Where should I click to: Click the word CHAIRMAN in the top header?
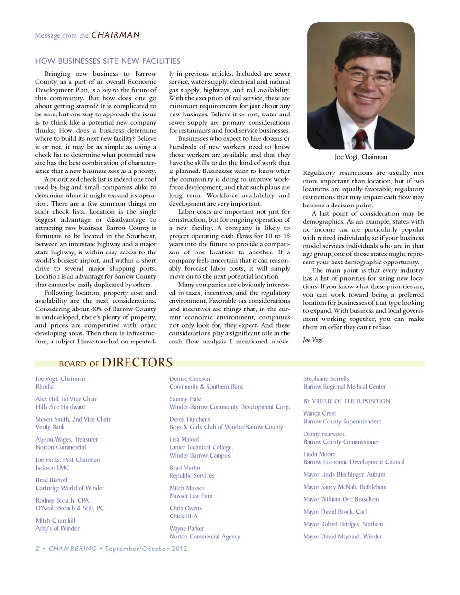(x=115, y=35)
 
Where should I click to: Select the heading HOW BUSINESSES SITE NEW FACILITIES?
(x=108, y=61)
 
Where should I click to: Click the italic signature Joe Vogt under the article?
(x=313, y=340)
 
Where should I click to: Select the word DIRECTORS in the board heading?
(x=137, y=362)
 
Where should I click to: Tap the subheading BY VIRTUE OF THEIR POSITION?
(x=346, y=401)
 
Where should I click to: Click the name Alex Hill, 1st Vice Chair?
(x=66, y=399)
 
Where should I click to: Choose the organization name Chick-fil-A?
(x=184, y=516)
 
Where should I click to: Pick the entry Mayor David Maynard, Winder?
(x=343, y=537)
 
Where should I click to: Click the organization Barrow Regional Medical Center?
(x=345, y=387)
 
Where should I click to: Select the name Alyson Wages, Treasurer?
(x=67, y=439)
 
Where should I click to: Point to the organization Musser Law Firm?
(x=191, y=496)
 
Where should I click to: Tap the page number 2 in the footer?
(x=37, y=549)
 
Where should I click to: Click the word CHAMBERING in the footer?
(x=72, y=549)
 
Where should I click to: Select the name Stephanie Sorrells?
(x=326, y=378)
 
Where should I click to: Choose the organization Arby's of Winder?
(x=57, y=528)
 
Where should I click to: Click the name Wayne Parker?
(x=187, y=528)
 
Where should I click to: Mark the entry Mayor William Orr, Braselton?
(x=341, y=499)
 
